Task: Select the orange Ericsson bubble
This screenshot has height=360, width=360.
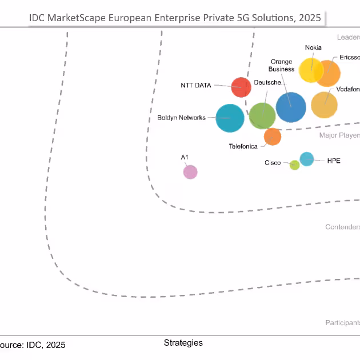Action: coord(329,73)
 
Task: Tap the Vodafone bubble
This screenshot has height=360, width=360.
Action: coord(324,105)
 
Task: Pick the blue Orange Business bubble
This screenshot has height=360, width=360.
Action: coord(291,107)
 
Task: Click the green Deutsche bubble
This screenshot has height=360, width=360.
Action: coord(262,115)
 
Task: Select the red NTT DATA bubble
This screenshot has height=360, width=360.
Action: coord(241,87)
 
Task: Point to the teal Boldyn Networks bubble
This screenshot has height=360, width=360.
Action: coord(230,118)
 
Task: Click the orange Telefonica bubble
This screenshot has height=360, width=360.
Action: coord(273,137)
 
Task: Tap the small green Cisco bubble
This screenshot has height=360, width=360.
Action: coord(294,165)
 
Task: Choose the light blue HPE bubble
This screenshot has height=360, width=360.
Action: coord(307,159)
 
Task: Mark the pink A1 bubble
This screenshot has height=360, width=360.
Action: coord(190,171)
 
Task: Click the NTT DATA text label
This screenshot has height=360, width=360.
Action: coord(195,86)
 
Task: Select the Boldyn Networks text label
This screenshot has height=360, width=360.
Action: coord(181,118)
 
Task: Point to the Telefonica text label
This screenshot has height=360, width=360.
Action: coord(243,146)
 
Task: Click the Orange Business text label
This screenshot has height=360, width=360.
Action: coord(281,66)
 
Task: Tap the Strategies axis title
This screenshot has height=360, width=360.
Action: coord(183,343)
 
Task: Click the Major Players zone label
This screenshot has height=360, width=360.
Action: coord(339,135)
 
